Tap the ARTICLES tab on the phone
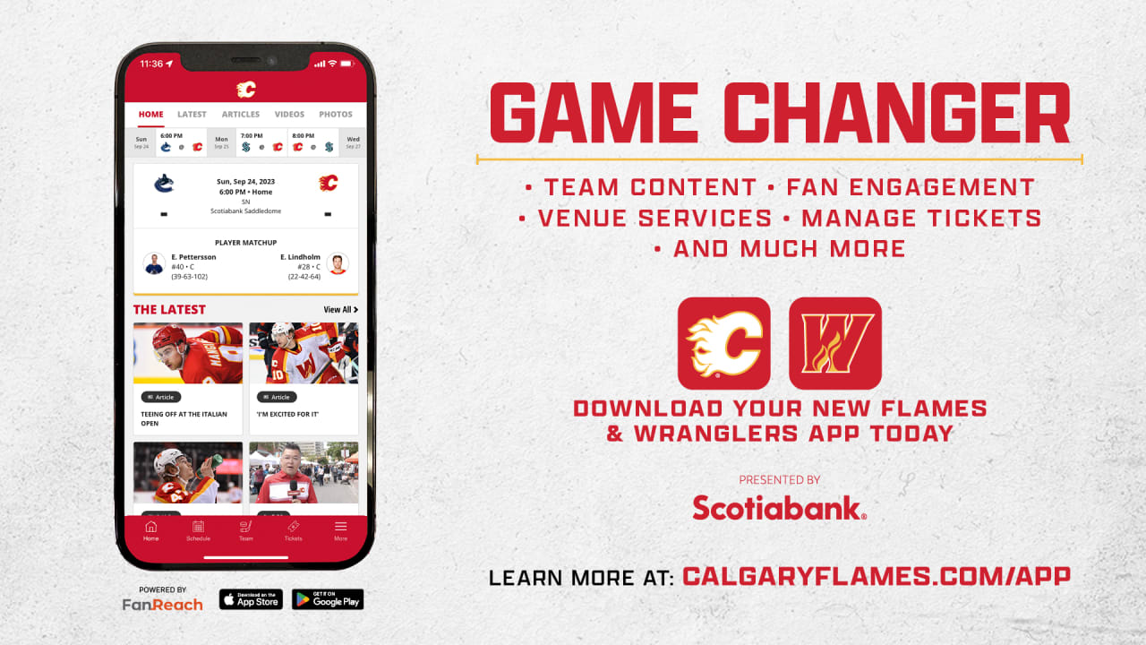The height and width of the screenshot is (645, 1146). click(x=241, y=115)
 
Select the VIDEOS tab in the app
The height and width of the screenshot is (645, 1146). click(x=289, y=115)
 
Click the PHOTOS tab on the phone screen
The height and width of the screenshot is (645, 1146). click(x=336, y=115)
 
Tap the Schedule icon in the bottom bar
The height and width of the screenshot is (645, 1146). click(x=198, y=530)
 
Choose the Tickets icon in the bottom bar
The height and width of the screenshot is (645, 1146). click(x=293, y=530)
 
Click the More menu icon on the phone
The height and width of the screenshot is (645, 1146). click(x=340, y=530)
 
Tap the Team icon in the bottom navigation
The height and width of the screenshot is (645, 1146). click(x=245, y=530)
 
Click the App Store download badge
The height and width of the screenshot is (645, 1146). click(x=251, y=599)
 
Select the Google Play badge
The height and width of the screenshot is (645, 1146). click(x=328, y=599)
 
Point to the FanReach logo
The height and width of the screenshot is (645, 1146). click(x=163, y=604)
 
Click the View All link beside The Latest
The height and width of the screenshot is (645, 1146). click(x=340, y=310)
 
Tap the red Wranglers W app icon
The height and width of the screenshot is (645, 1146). click(x=834, y=343)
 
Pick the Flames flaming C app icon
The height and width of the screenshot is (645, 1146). click(x=723, y=343)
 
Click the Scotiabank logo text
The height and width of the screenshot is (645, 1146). click(x=779, y=508)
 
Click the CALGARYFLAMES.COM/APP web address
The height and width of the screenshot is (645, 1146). click(x=876, y=576)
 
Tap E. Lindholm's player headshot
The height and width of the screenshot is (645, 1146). click(x=338, y=264)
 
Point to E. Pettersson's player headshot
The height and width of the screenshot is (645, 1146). click(x=154, y=264)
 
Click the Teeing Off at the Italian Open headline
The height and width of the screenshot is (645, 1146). click(x=184, y=418)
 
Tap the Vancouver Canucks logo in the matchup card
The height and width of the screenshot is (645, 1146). click(x=164, y=184)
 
